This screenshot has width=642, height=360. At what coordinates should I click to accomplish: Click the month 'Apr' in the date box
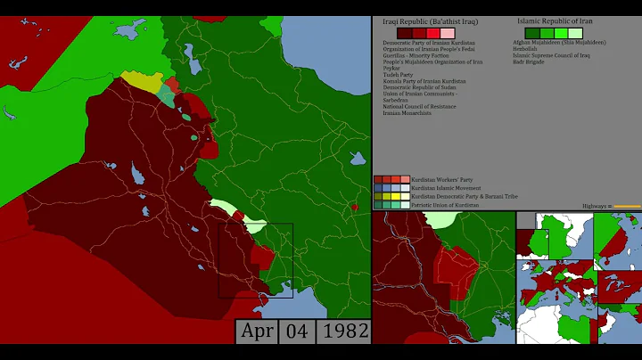pyautogui.click(x=258, y=331)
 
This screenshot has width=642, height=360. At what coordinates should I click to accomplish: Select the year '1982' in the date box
pyautogui.click(x=343, y=331)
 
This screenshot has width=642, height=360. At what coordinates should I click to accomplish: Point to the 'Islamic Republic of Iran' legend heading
pyautogui.click(x=555, y=20)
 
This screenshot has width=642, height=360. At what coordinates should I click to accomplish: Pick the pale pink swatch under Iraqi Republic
pyautogui.click(x=448, y=32)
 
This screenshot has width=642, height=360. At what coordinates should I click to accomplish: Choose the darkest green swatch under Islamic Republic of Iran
pyautogui.click(x=531, y=32)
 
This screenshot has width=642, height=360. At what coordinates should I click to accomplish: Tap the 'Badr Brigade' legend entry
pyautogui.click(x=530, y=61)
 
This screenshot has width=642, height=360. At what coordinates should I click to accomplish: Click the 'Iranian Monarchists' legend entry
pyautogui.click(x=407, y=113)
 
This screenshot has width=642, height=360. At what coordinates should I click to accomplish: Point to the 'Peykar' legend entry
pyautogui.click(x=392, y=68)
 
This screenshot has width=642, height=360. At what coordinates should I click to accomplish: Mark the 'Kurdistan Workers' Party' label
pyautogui.click(x=442, y=179)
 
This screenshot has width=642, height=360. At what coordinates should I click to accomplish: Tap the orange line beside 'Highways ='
pyautogui.click(x=627, y=206)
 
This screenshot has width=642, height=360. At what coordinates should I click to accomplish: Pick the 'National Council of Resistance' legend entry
pyautogui.click(x=419, y=107)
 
